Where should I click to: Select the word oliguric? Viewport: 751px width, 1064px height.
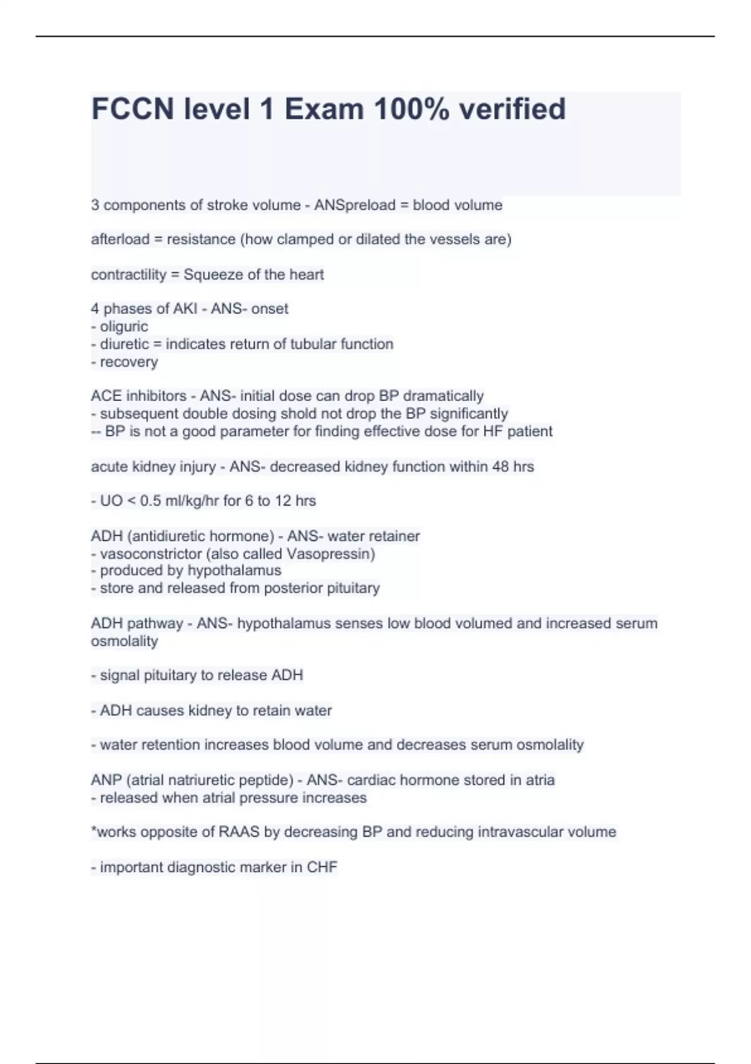pyautogui.click(x=124, y=327)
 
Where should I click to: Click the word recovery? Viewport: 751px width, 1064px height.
pyautogui.click(x=129, y=362)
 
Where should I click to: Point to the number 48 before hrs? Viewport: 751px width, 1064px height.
pyautogui.click(x=500, y=467)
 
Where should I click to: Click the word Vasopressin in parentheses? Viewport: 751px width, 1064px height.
pyautogui.click(x=330, y=554)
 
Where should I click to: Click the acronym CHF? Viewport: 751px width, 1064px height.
pyautogui.click(x=322, y=867)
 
